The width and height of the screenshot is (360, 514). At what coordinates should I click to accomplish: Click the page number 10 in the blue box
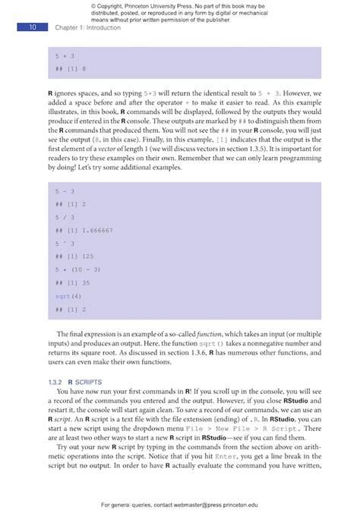(x=33, y=27)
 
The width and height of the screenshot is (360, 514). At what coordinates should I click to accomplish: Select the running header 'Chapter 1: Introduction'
(x=83, y=28)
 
